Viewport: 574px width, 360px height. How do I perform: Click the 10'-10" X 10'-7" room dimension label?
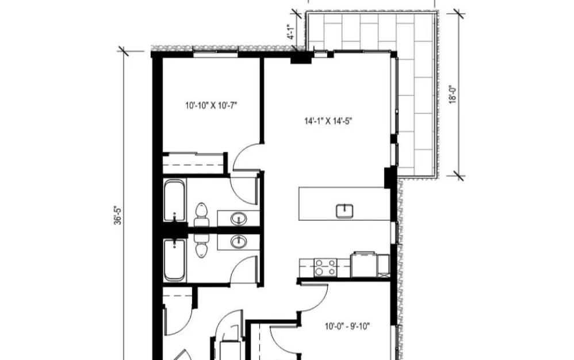[x=211, y=105]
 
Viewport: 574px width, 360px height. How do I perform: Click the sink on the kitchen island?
[x=345, y=212]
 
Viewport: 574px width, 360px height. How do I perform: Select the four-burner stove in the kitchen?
[x=325, y=267]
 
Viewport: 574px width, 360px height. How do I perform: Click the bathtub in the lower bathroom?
[x=174, y=260]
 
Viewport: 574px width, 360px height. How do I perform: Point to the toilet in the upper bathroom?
[x=201, y=215]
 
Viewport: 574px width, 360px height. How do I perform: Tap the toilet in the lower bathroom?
[x=201, y=246]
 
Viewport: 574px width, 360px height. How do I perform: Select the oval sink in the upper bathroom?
[x=238, y=219]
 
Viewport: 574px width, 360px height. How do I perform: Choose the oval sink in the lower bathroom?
[x=238, y=242]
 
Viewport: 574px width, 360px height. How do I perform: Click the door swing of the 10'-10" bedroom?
[x=246, y=156]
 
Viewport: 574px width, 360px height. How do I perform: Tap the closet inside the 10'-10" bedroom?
[x=193, y=163]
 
